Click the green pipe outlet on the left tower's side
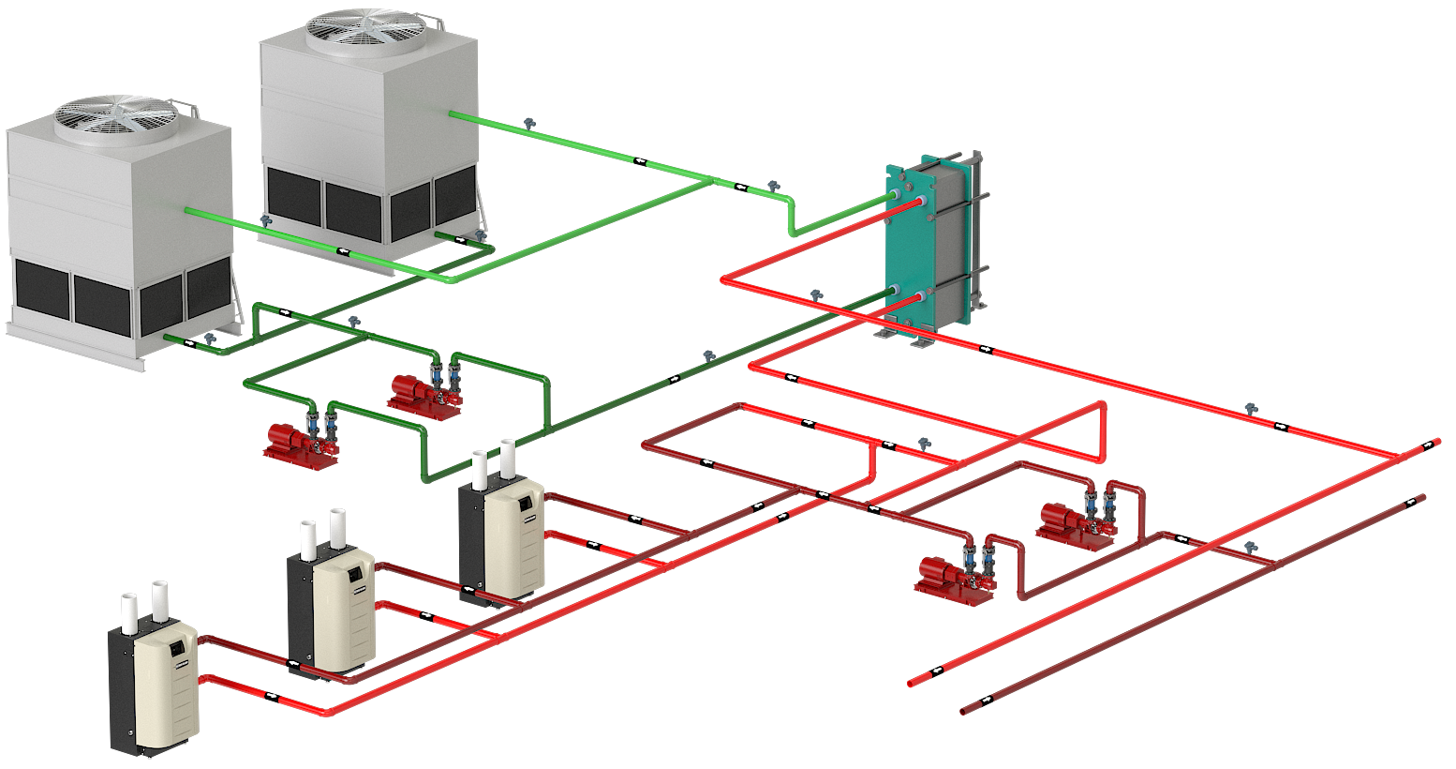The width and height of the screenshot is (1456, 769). click(x=189, y=210)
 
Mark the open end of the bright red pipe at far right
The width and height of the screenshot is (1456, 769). click(x=1434, y=442)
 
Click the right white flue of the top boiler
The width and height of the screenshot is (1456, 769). click(x=509, y=457)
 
